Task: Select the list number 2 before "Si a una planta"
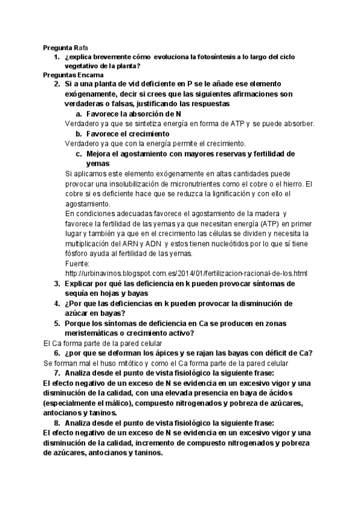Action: tap(56, 84)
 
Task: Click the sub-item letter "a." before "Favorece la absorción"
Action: tap(79, 113)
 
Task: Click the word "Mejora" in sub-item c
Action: tap(100, 154)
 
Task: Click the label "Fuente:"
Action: tap(77, 263)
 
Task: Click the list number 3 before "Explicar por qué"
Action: tap(56, 283)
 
